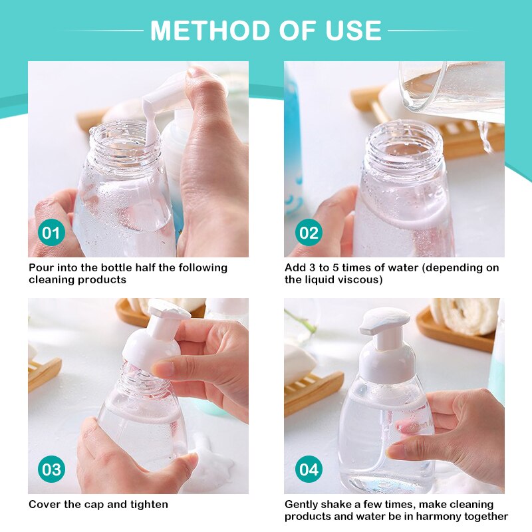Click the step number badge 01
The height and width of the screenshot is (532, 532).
51,233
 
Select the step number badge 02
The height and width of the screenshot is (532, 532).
309,233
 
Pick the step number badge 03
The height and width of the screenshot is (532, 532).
51,470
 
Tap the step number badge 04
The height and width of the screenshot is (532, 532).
309,470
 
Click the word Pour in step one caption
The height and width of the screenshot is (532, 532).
41,268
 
